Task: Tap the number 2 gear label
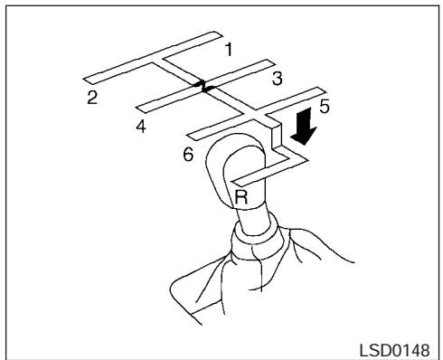93,97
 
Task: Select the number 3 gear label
278,80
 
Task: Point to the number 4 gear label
141,126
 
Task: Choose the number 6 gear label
188,155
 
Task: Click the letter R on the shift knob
241,193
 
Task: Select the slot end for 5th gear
316,91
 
